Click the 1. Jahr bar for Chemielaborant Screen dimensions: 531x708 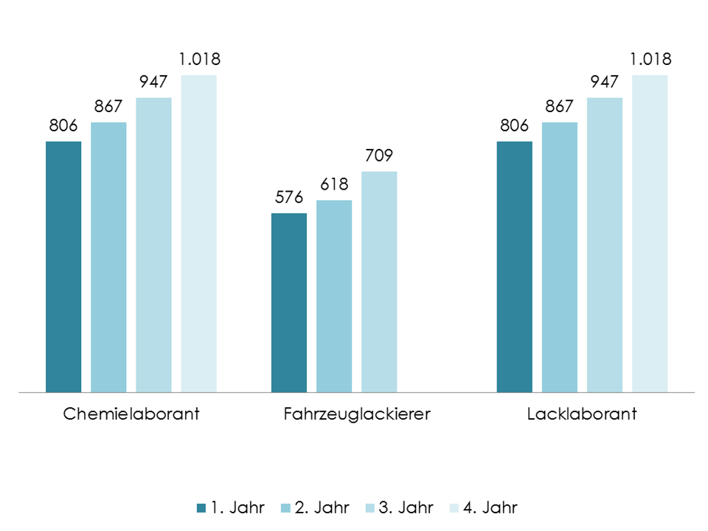click(63, 266)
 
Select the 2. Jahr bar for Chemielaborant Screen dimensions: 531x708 click(108, 257)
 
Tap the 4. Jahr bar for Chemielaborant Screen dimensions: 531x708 click(198, 233)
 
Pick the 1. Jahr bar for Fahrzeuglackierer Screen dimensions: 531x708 click(289, 302)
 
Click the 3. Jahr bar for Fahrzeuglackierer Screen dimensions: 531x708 click(379, 282)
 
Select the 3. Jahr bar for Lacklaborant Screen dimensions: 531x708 click(605, 244)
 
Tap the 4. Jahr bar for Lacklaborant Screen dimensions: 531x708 click(650, 233)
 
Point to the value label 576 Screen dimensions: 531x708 click(289, 198)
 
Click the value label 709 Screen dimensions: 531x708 click(379, 156)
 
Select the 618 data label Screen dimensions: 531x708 click(334, 184)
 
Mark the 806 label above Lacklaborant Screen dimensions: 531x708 click(514, 125)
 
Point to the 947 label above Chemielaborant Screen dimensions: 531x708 click(153, 81)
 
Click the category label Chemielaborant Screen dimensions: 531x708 click(131, 414)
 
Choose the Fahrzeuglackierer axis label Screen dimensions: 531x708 click(356, 414)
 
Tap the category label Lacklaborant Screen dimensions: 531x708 click(582, 414)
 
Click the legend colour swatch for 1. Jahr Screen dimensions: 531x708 click(201, 507)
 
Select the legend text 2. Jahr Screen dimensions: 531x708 click(322, 507)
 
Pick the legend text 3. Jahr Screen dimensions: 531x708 click(406, 507)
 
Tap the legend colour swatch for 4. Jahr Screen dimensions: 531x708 click(453, 507)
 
